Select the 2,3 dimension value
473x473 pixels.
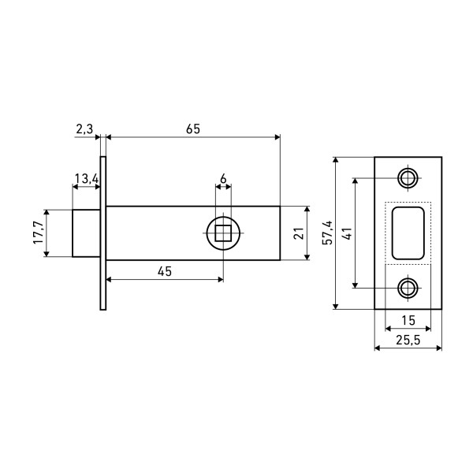85,127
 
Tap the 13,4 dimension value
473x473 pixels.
85,179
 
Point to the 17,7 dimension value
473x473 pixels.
37,233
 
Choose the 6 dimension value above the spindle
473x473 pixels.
223,179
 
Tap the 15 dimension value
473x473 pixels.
408,320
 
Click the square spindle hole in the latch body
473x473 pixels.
223,233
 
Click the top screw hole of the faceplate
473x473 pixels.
408,179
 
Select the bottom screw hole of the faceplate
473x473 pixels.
408,287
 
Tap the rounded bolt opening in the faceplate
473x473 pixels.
408,233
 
